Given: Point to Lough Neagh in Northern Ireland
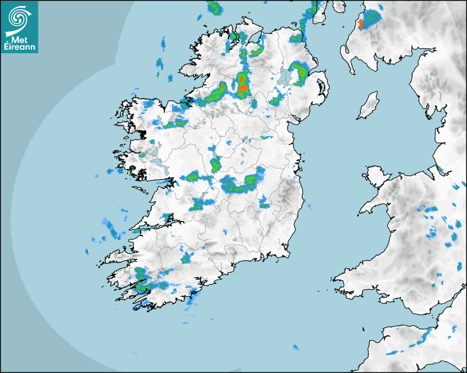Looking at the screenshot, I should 285,76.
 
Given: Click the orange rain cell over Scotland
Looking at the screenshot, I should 361,24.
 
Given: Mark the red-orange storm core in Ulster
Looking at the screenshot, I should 242,85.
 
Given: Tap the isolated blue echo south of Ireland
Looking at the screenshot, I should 296,347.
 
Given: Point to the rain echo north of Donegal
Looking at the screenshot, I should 214,8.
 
